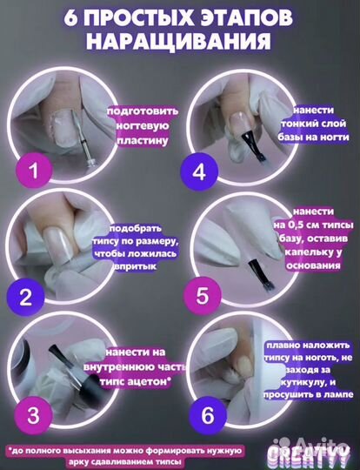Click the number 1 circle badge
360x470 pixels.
(34, 171)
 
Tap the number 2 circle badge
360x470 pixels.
(25, 297)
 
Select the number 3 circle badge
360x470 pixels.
(34, 415)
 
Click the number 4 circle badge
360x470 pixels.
(199, 171)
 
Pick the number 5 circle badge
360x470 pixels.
(202, 295)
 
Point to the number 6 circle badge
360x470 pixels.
(207, 415)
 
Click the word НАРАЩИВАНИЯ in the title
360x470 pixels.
(180, 41)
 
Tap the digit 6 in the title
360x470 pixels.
(70, 17)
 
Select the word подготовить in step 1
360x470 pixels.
(143, 111)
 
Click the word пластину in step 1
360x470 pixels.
(143, 140)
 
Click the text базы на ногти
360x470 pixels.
(313, 137)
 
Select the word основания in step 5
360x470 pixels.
(313, 265)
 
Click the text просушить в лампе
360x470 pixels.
(309, 394)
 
